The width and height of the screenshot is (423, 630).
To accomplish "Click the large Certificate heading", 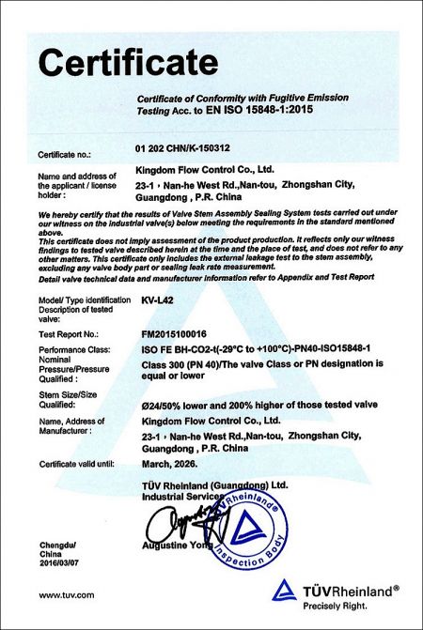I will tap(126, 62).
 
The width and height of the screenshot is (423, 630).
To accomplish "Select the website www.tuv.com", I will tap(66, 595).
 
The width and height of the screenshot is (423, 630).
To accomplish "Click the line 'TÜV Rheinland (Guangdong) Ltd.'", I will tap(213, 484).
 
